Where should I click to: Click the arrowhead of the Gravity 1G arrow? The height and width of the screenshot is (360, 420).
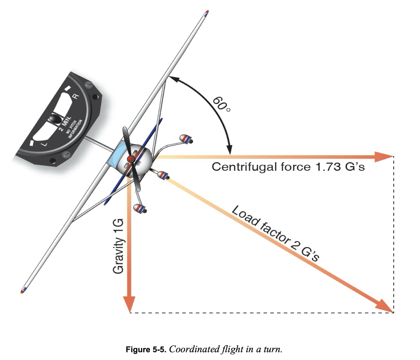click(x=129, y=304)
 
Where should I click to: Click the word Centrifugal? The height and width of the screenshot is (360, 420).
click(x=241, y=167)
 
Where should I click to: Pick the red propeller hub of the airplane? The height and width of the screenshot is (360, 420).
click(x=131, y=159)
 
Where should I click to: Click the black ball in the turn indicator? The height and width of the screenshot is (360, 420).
click(x=55, y=119)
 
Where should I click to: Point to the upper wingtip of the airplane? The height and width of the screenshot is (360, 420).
click(x=206, y=13)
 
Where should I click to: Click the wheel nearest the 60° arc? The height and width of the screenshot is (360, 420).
click(x=186, y=139)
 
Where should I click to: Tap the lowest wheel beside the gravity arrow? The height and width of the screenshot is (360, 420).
click(x=139, y=208)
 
